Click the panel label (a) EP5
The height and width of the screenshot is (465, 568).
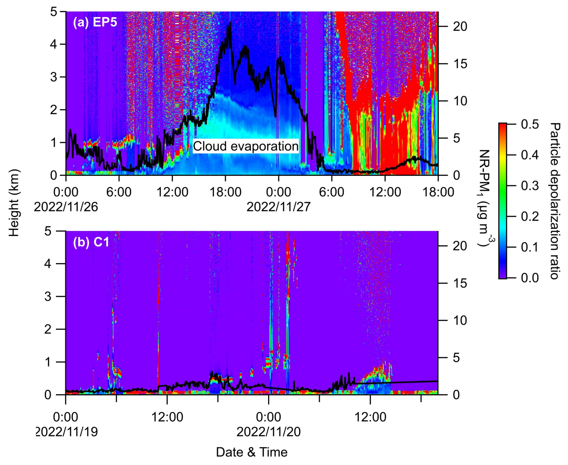[95, 22]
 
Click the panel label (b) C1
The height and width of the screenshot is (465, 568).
[91, 242]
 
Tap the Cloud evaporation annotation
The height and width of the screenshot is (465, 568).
[246, 146]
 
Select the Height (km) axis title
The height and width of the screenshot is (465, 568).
[14, 203]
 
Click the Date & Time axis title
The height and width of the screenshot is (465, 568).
[252, 452]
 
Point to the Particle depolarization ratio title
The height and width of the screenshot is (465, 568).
[554, 201]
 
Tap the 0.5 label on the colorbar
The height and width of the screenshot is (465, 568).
[530, 124]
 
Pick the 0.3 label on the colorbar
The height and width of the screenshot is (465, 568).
[530, 186]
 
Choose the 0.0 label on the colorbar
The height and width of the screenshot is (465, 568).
[530, 278]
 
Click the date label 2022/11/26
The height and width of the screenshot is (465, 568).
[66, 207]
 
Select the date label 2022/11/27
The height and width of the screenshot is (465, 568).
[278, 207]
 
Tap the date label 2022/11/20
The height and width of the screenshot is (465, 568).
[269, 432]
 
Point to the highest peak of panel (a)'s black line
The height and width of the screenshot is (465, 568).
[230, 23]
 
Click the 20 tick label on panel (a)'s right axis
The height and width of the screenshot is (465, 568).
[460, 27]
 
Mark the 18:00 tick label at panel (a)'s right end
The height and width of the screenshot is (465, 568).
[438, 192]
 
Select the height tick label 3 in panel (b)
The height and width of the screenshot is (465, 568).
[48, 296]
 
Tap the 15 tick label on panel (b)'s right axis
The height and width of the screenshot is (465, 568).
[460, 283]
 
